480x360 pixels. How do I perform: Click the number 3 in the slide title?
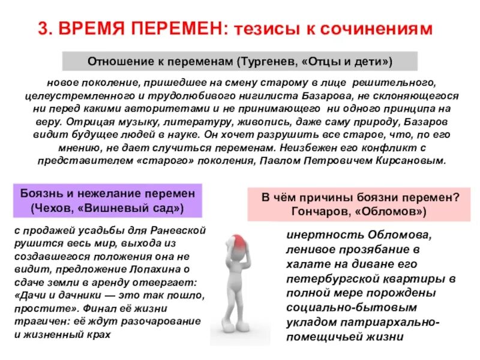click(43, 29)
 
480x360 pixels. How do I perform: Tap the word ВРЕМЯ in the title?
click(92, 29)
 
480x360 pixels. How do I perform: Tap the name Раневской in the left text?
click(179, 230)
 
